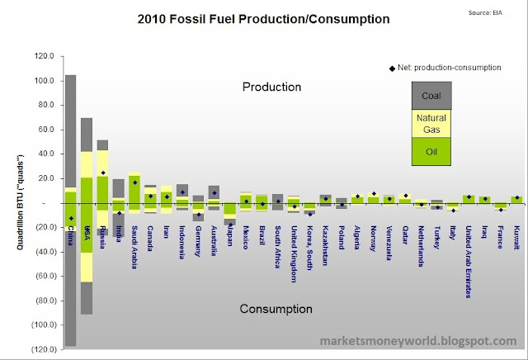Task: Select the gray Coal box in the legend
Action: tap(431, 97)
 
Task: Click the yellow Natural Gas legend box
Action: tap(431, 123)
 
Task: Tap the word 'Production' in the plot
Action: tap(271, 87)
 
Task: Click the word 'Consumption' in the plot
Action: tap(276, 309)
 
